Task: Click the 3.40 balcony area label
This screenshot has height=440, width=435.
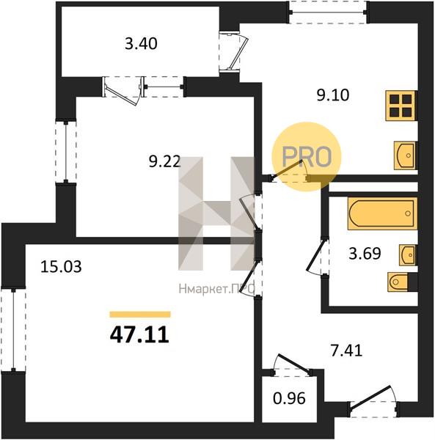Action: click(141, 44)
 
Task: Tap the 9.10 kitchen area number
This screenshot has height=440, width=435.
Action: click(333, 95)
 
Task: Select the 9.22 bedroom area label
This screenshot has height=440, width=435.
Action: click(165, 161)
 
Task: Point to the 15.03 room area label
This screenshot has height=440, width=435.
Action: click(61, 267)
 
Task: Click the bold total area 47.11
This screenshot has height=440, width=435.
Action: click(139, 335)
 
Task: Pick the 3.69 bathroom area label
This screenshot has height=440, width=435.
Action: click(365, 254)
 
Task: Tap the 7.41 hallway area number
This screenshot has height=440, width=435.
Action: click(346, 351)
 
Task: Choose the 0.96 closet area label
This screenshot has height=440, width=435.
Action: click(289, 398)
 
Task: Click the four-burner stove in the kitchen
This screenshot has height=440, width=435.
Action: click(401, 106)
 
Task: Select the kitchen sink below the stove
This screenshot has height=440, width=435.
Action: click(405, 155)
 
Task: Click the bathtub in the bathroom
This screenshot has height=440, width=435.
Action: click(382, 214)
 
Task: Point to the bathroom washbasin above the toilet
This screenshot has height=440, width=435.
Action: click(408, 255)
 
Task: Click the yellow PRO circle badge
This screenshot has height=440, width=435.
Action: click(307, 157)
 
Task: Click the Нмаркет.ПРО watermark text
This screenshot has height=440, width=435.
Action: click(216, 289)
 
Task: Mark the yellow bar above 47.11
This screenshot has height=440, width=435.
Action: click(140, 315)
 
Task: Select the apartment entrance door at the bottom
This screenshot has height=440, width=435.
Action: click(373, 403)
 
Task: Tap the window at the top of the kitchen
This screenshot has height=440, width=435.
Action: click(329, 12)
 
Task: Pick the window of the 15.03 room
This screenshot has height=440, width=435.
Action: click(13, 329)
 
